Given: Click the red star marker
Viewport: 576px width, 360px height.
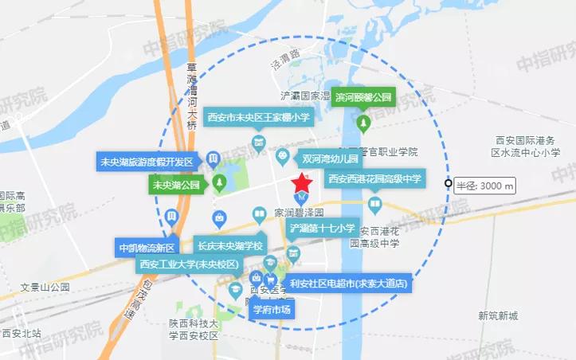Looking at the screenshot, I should point(303,181).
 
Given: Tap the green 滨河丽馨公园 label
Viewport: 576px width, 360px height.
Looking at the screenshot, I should point(363,97).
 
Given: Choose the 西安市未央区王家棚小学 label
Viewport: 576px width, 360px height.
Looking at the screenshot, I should point(258,118).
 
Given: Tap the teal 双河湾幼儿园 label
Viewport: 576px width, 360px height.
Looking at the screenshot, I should point(328,158).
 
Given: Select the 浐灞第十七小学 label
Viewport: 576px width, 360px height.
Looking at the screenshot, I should point(322,229).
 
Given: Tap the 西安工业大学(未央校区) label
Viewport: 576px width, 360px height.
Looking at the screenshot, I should point(188,264).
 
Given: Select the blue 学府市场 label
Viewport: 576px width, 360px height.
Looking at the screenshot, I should point(272,308).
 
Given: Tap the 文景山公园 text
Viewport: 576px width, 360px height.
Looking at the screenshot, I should point(45,287).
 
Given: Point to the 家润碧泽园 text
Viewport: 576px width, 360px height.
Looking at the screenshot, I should point(298,213).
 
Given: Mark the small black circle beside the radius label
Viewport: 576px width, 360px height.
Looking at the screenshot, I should point(449,185).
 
